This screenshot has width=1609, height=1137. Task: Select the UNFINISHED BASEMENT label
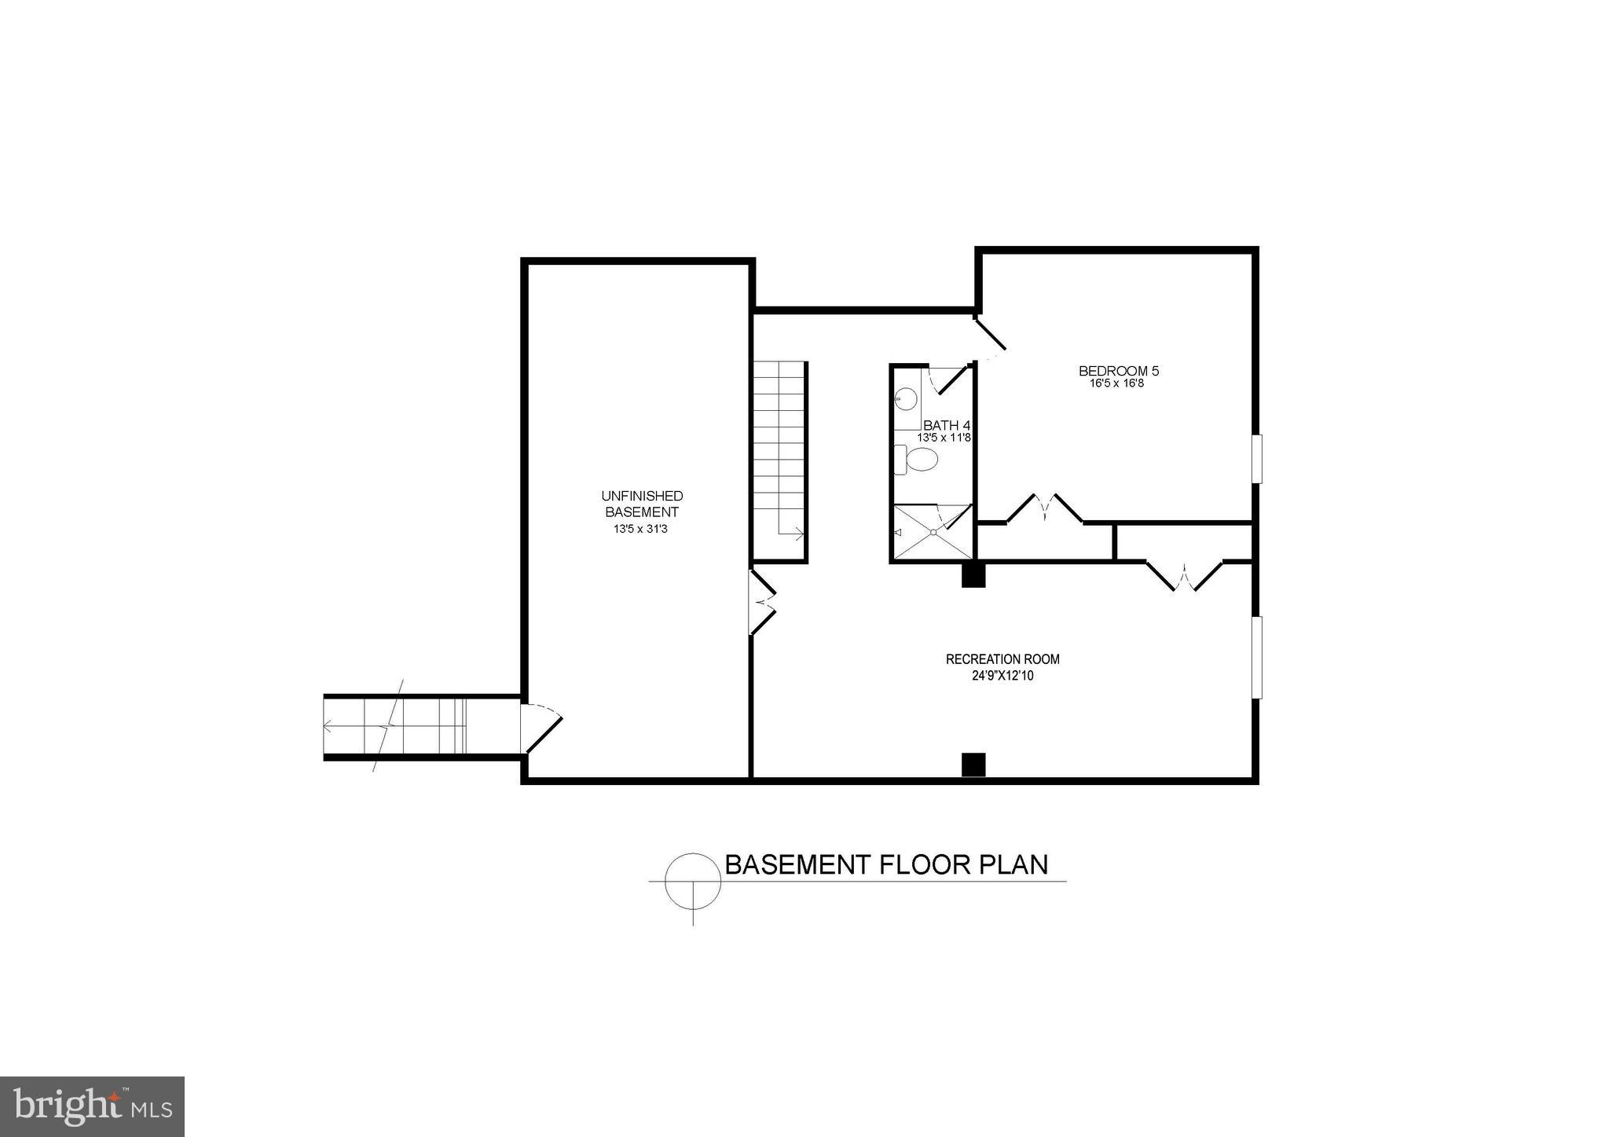(642, 504)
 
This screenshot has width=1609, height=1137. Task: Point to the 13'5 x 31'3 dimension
(640, 530)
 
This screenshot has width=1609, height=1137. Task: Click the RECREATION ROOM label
(1002, 659)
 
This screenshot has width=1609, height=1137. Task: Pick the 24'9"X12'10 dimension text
(1002, 676)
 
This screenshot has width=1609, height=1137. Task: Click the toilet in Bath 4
(918, 460)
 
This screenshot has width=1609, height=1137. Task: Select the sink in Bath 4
(905, 400)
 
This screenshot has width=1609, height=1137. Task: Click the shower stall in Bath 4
(931, 532)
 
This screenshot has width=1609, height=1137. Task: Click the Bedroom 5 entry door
(990, 334)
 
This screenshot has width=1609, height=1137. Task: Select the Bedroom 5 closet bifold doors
(1044, 508)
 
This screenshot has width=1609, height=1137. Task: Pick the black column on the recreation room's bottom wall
(973, 765)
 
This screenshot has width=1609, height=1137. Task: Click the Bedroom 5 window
(1257, 458)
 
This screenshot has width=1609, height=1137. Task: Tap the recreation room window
(1257, 657)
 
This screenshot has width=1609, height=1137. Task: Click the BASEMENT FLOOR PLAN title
(885, 864)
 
